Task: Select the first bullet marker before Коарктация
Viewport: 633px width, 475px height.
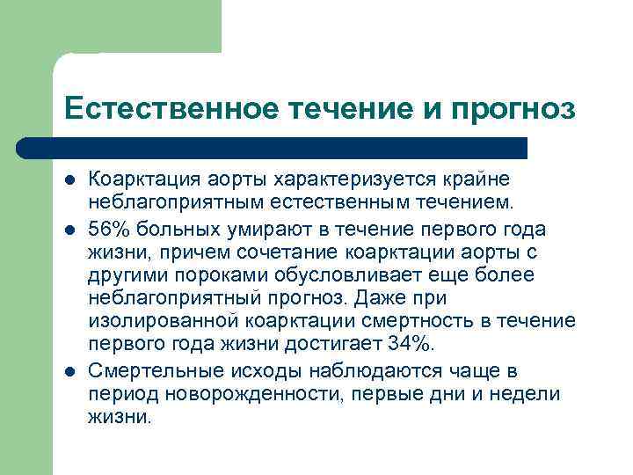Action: [69, 180]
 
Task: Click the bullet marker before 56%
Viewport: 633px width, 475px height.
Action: [69, 230]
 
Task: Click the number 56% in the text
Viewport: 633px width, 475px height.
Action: [111, 229]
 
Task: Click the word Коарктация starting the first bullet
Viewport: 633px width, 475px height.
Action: [138, 179]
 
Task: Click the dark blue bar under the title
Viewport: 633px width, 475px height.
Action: [290, 147]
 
